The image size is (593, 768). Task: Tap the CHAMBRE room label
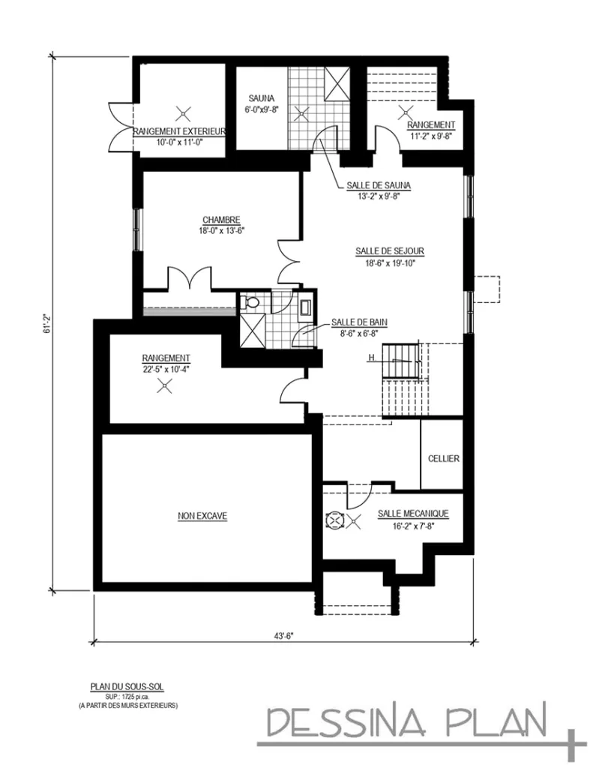(x=220, y=220)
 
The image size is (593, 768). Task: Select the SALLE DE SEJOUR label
(x=385, y=251)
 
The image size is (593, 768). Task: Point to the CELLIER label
(x=444, y=458)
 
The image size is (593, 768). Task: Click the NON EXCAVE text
(x=202, y=515)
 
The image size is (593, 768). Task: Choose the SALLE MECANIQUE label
(x=413, y=513)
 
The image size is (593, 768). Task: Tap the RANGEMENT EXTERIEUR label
(x=180, y=131)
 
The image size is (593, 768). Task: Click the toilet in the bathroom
(x=252, y=303)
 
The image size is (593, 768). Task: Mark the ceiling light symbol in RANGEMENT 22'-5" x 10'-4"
(x=164, y=387)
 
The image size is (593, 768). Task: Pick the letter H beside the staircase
(x=370, y=358)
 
